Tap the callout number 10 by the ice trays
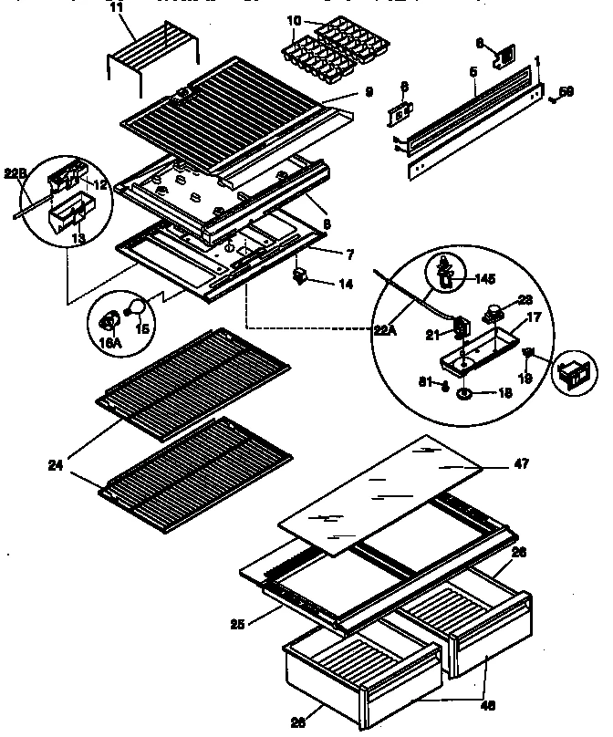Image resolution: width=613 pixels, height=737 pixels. (x=293, y=20)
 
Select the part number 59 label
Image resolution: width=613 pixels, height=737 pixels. (x=566, y=90)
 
